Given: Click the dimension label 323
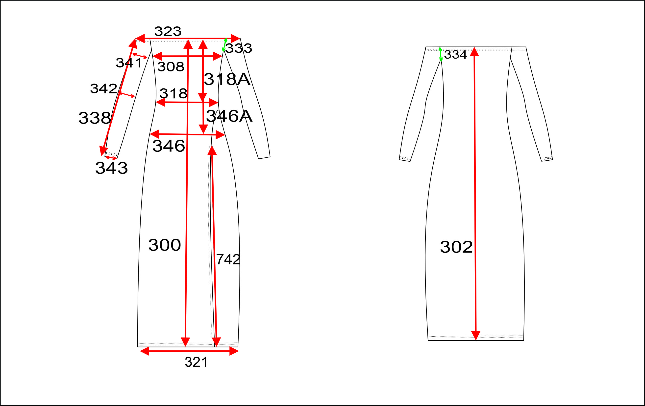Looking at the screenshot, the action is coord(168,32).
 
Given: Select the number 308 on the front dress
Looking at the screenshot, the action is coord(171,67).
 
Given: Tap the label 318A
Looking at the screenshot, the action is coord(227,79).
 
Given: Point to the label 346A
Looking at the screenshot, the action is coord(229,116).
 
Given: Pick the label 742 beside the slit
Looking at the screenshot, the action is coord(228,259).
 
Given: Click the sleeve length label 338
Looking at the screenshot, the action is coord(95,118).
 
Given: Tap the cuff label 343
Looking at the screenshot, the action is coord(111,168).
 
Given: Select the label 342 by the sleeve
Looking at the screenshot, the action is coord(104,88).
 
